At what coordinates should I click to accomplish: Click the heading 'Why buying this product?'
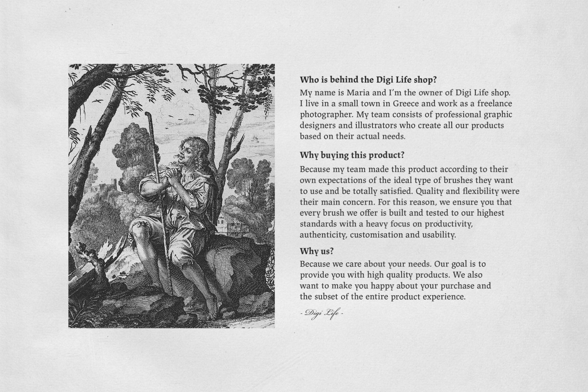point(352,155)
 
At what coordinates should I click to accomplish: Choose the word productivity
point(449,224)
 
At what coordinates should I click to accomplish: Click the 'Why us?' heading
point(316,251)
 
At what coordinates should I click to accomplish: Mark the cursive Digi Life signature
point(321,313)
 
